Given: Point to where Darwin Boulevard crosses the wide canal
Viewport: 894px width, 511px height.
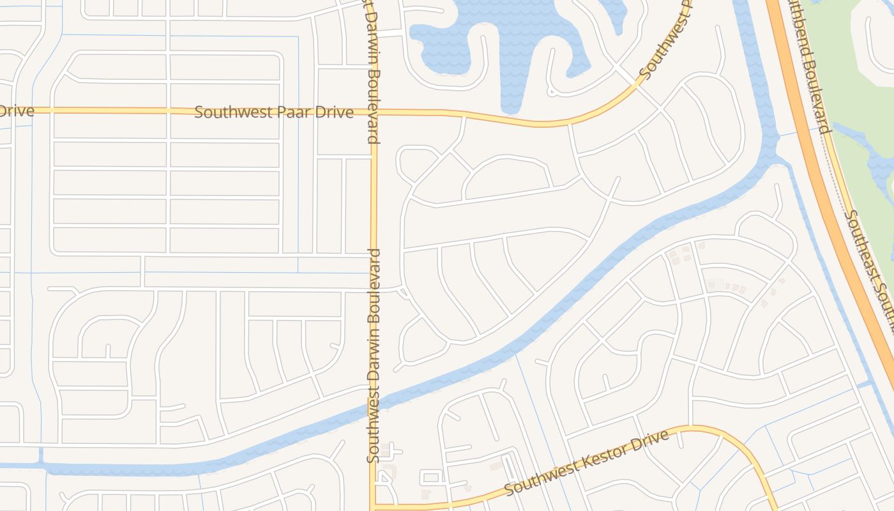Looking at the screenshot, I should pos(374,409).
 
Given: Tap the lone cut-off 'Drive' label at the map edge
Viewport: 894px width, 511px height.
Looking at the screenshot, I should pos(15,111).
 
